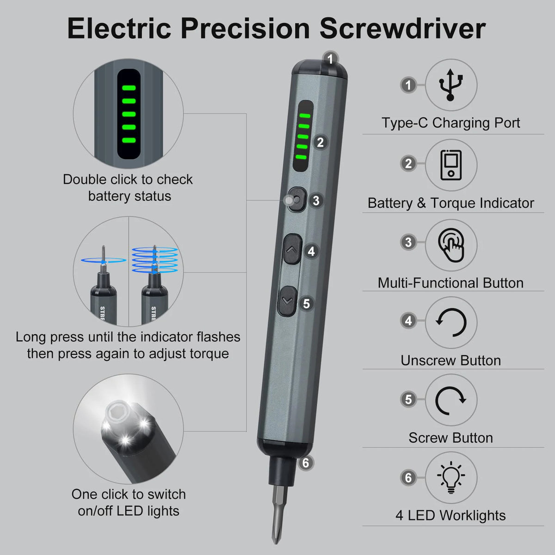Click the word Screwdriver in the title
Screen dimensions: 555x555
[402, 29]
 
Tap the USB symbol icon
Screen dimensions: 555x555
[450, 85]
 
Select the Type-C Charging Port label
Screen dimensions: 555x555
[450, 123]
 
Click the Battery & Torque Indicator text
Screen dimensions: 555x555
[450, 203]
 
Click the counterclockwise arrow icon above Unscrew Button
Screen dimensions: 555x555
[451, 322]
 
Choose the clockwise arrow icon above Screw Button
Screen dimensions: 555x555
[450, 400]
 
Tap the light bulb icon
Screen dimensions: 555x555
[450, 478]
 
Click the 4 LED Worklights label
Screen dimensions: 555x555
[450, 515]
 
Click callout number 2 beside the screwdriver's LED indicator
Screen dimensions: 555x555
[320, 142]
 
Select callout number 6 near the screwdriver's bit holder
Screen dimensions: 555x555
[305, 462]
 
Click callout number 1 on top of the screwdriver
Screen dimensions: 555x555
[330, 59]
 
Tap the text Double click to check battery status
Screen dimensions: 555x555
[128, 188]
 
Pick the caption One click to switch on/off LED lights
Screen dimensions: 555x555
[129, 502]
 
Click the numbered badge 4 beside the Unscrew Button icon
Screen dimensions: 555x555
[408, 321]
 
